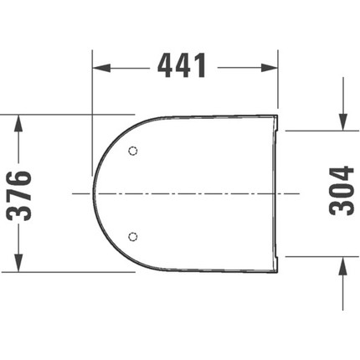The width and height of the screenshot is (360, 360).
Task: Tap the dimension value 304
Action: pos(342,191)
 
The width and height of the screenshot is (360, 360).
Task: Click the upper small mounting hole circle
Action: pos(131,152)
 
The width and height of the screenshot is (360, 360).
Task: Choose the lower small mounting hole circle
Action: pos(131,236)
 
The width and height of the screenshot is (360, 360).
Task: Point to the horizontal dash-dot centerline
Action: pos(193,193)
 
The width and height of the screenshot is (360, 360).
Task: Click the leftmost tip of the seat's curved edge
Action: pos(93,193)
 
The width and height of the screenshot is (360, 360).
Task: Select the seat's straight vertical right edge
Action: pos(277,193)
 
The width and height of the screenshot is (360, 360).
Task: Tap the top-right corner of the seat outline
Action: pos(277,113)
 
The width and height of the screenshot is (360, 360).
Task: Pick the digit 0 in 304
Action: pos(342,191)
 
